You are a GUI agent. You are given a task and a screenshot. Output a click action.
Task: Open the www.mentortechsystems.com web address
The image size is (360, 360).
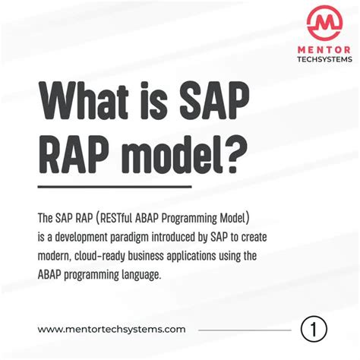coord(111,329)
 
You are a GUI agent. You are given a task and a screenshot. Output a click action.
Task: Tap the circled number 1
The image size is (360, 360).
coord(314,329)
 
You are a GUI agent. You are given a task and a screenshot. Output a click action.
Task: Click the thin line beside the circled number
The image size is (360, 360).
coord(245,330)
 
